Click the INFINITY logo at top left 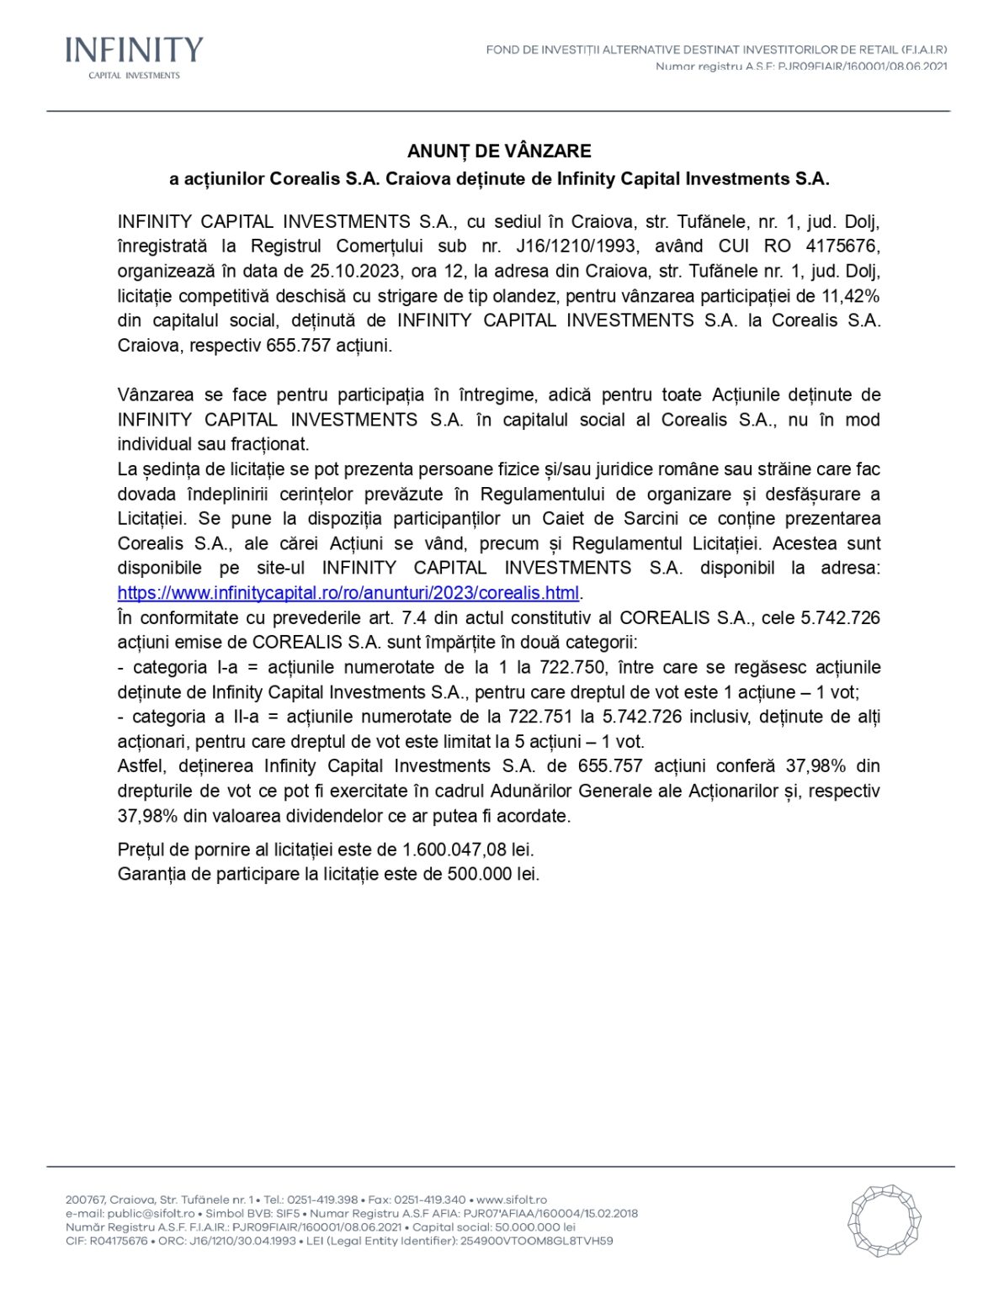click(x=134, y=56)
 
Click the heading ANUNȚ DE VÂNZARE click(x=499, y=151)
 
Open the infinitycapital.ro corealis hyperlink click(x=348, y=593)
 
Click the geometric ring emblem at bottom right click(x=884, y=1221)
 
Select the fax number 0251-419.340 click(x=429, y=1199)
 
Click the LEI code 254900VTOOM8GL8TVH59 click(x=536, y=1241)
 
